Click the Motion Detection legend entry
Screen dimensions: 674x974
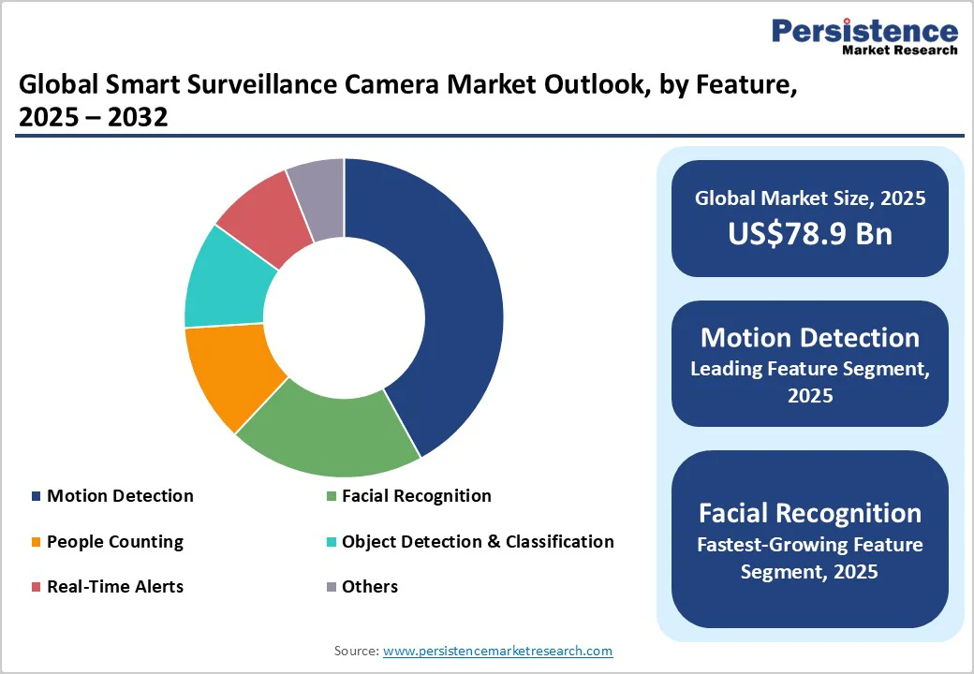(x=120, y=496)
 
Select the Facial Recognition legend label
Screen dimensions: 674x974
(x=416, y=496)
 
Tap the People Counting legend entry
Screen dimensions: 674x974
(x=114, y=542)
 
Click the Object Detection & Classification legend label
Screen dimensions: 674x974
(x=478, y=542)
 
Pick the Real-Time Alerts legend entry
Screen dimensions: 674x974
(x=114, y=587)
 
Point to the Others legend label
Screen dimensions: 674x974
(x=369, y=587)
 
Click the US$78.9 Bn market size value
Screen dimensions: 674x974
(x=810, y=233)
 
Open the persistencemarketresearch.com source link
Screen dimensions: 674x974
(x=497, y=651)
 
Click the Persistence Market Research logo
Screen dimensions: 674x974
(x=864, y=37)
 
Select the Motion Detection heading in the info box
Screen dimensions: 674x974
(x=810, y=337)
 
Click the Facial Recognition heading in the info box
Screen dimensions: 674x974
(x=810, y=513)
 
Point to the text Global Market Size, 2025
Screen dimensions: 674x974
(x=810, y=198)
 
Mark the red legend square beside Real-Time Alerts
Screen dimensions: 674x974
(x=36, y=587)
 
